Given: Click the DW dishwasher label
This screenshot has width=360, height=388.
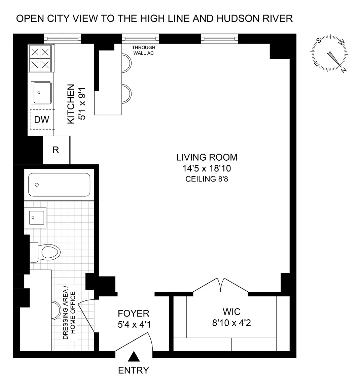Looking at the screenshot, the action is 41,120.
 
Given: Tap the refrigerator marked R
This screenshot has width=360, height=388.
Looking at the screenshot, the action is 56,150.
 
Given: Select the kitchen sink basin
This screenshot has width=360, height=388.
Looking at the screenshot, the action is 41,93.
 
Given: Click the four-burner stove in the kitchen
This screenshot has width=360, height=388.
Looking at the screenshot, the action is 40,58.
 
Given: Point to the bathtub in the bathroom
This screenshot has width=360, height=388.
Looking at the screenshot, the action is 59,185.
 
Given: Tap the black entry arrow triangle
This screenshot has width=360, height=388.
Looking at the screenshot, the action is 134,357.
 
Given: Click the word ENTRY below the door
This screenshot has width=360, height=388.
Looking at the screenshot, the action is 134,370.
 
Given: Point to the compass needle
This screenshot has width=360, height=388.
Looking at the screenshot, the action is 334,59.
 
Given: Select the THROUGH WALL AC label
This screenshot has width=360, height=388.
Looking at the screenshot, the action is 144,50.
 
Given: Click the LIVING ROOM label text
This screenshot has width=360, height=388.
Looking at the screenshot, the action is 207,157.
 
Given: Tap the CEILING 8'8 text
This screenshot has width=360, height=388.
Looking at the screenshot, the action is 207,179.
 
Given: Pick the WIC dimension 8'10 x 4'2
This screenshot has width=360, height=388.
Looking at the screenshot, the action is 231,323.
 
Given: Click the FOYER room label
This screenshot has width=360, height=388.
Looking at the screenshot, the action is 134,314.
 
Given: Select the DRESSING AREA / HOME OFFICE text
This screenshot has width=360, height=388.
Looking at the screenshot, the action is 69,313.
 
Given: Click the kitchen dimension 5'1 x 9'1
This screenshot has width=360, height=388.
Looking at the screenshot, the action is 82,104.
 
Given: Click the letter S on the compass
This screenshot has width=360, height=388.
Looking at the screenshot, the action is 319,40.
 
